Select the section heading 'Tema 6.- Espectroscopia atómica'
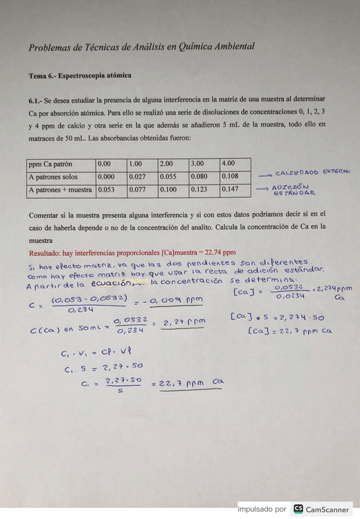pyautogui.click(x=80, y=76)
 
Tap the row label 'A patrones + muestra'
pyautogui.click(x=60, y=190)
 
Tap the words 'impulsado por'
pyautogui.click(x=261, y=509)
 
